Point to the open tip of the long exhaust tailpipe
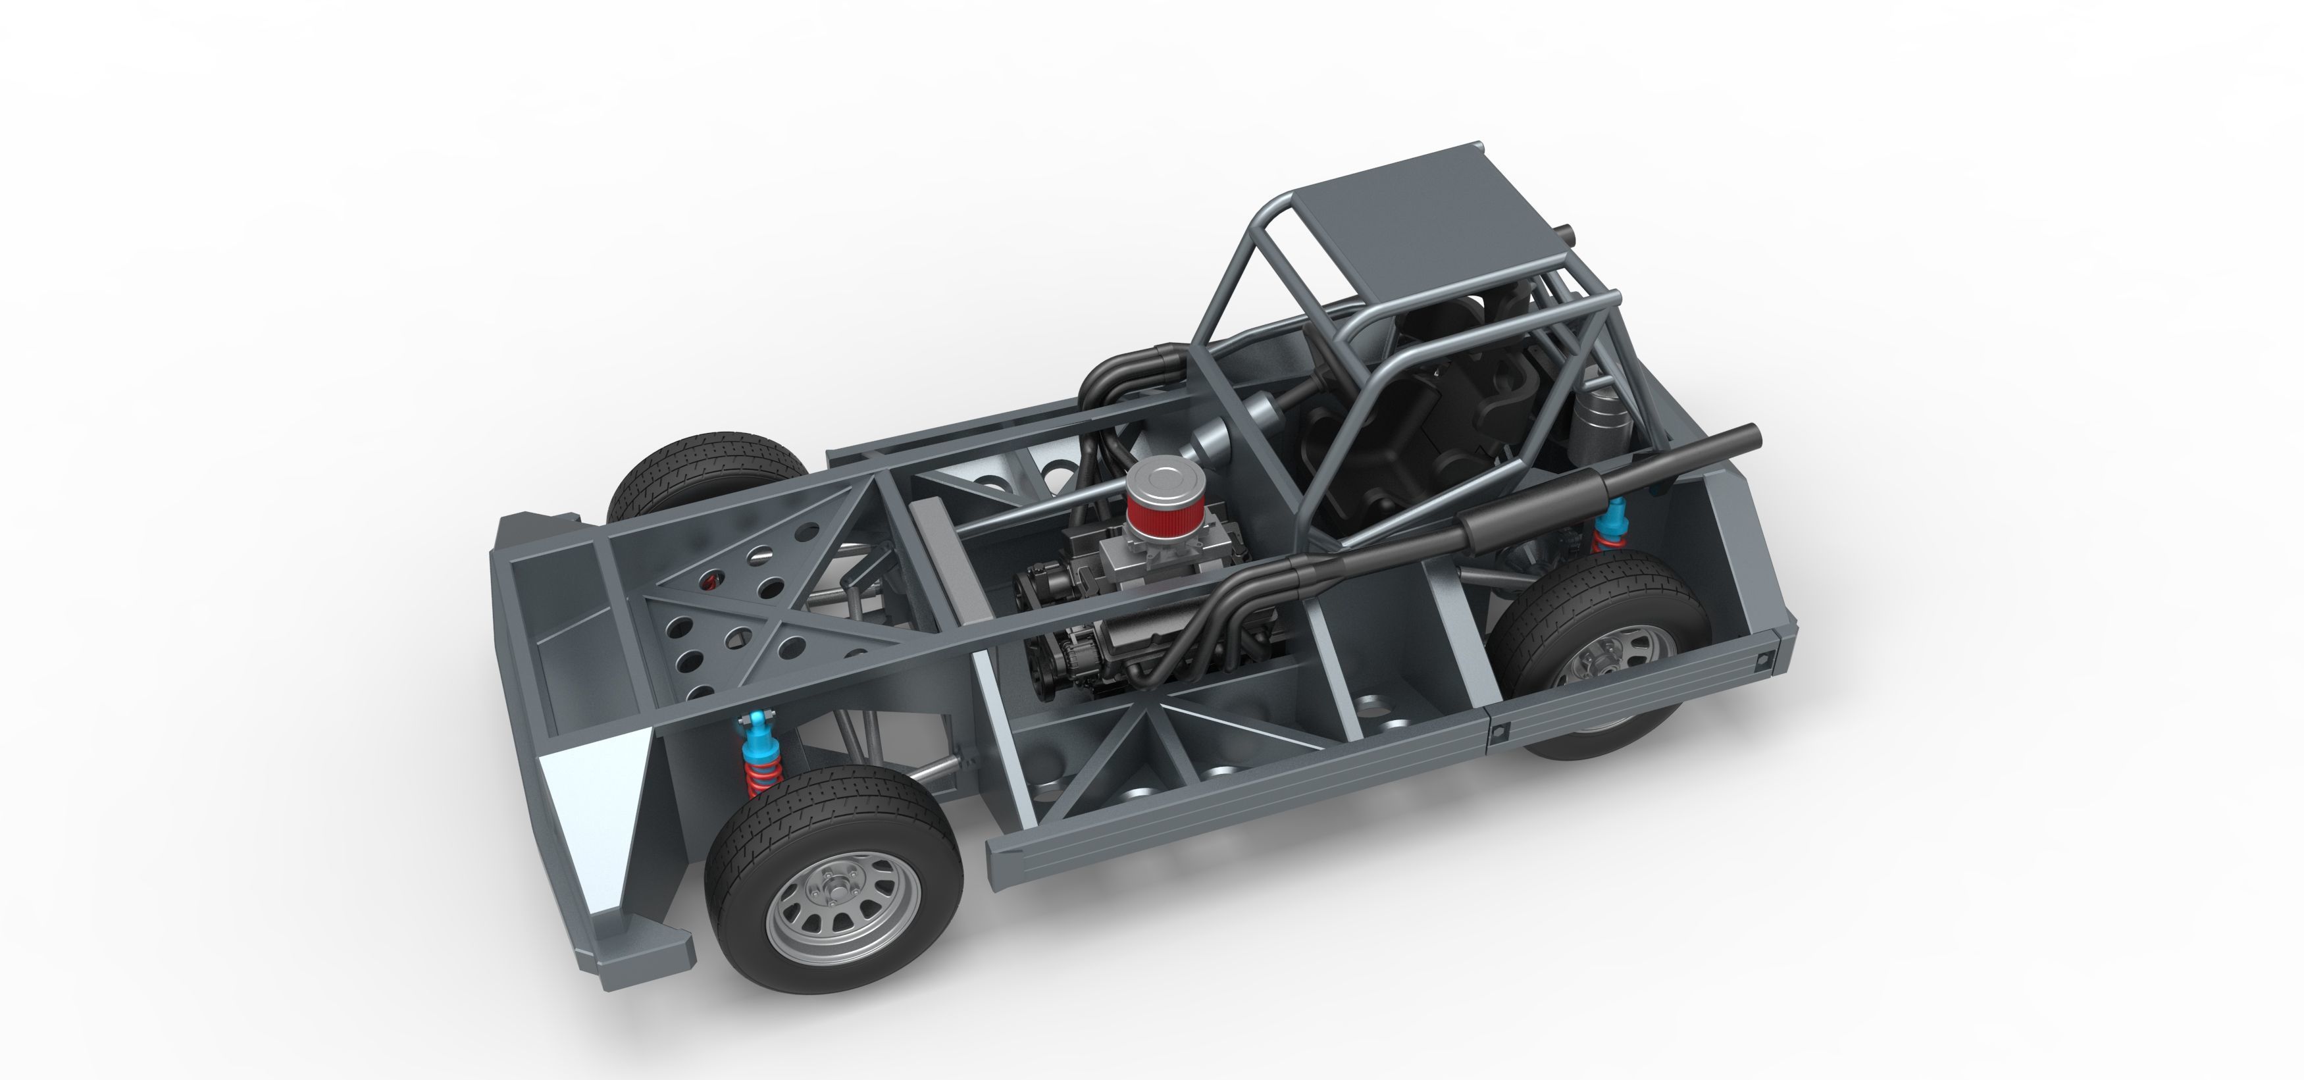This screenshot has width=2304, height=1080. coord(1751,436)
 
